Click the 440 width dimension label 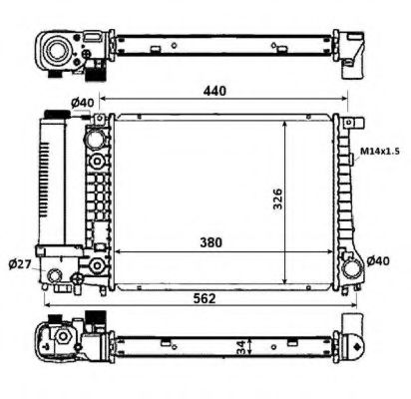(214, 91)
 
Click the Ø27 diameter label (19, 263)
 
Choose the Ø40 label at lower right (378, 261)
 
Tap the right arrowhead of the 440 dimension (341, 100)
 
